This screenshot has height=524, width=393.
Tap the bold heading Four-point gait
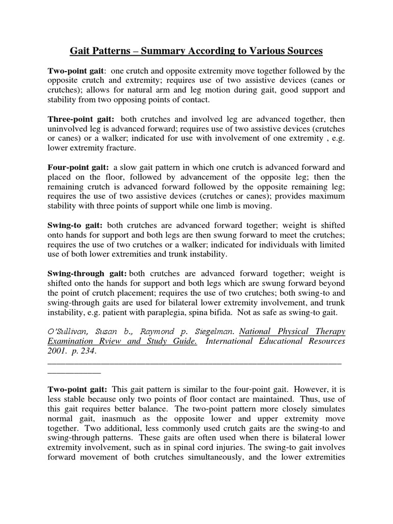[78, 167]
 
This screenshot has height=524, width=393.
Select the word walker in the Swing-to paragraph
[182, 245]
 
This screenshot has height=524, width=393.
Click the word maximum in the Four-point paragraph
[324, 196]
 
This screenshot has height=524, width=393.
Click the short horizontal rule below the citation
[74, 372]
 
